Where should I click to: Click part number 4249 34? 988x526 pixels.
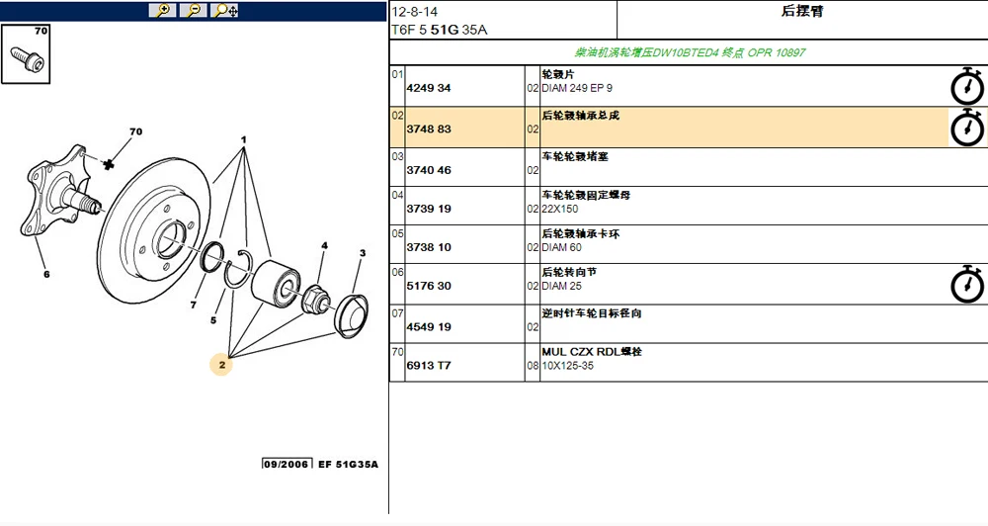(x=429, y=88)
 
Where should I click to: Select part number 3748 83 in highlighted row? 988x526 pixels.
(x=429, y=129)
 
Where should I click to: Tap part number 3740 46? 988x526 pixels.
(x=429, y=170)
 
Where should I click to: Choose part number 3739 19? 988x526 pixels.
(x=429, y=209)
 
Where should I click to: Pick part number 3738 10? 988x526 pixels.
(x=429, y=247)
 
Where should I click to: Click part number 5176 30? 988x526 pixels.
(x=429, y=286)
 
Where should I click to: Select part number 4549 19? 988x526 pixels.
(x=429, y=326)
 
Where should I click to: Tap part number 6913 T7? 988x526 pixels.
(x=429, y=366)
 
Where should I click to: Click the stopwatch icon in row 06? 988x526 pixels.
(x=966, y=284)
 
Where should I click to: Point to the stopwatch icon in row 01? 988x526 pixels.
(x=966, y=87)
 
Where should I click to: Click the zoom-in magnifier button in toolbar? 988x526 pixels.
(x=162, y=10)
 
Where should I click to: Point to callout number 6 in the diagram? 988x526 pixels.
(x=45, y=274)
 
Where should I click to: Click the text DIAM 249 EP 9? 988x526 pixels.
(x=577, y=88)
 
